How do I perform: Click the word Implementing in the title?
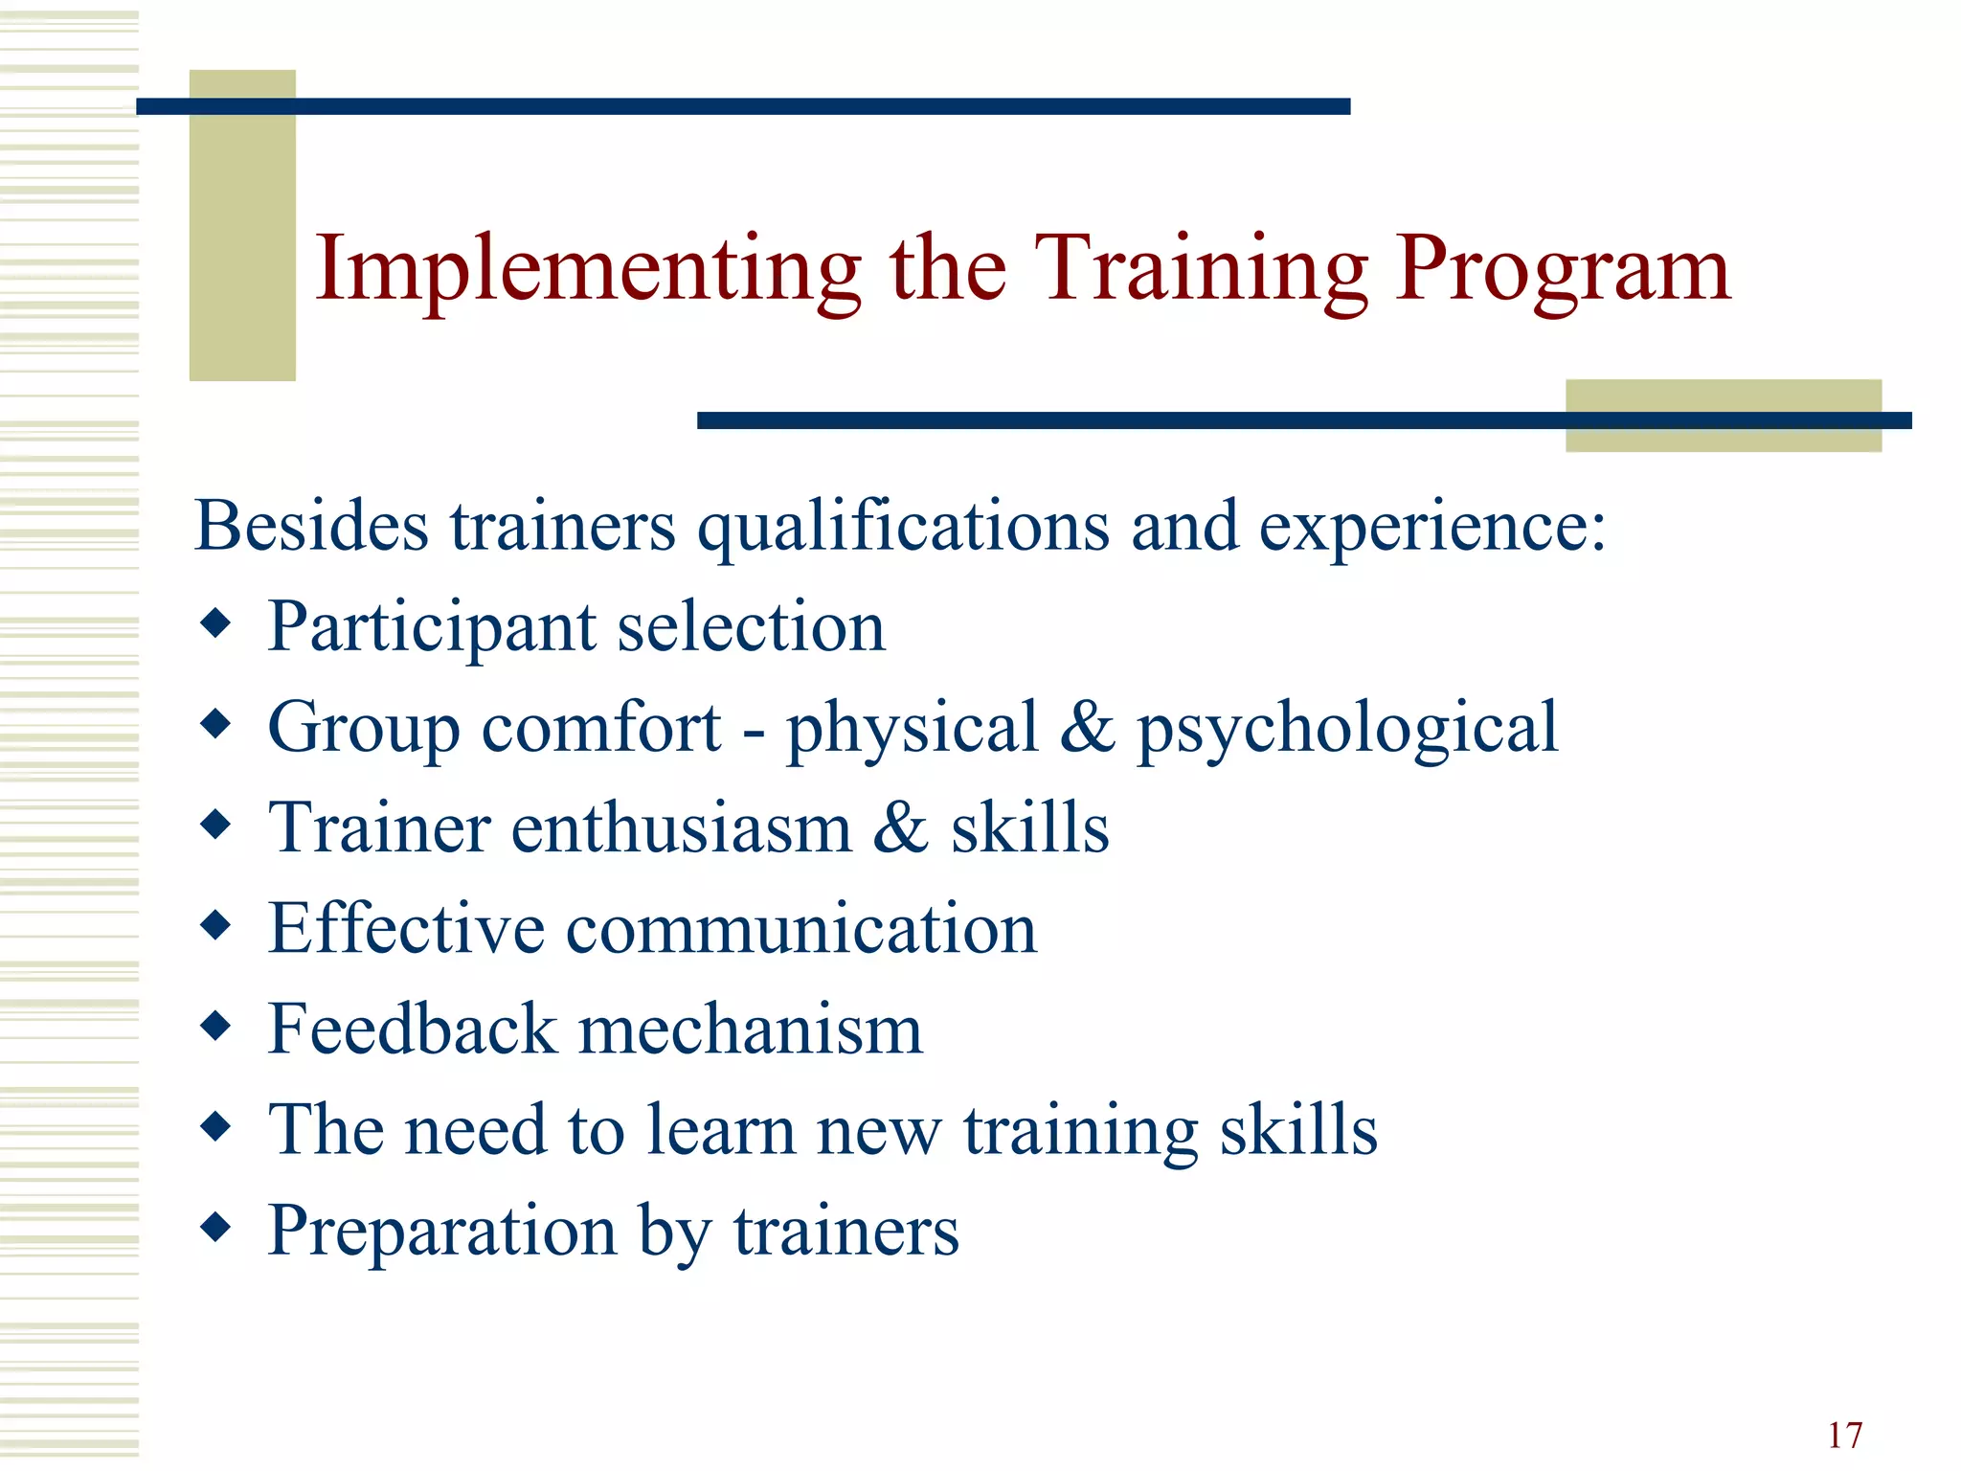[x=588, y=270]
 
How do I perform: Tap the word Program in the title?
[x=1562, y=270]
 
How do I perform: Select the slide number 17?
[x=1844, y=1436]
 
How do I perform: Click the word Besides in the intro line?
[x=311, y=526]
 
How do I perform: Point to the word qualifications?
[x=903, y=528]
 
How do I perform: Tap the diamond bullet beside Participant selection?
[x=216, y=624]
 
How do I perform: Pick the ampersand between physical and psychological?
[x=1088, y=727]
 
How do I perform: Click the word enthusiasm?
[x=681, y=827]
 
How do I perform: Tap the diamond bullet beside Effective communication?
[x=216, y=925]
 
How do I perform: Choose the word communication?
[x=801, y=929]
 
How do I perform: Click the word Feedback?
[x=412, y=1029]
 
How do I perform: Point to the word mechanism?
[x=751, y=1029]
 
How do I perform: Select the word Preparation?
[x=441, y=1232]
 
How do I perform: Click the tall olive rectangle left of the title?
[x=242, y=225]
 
